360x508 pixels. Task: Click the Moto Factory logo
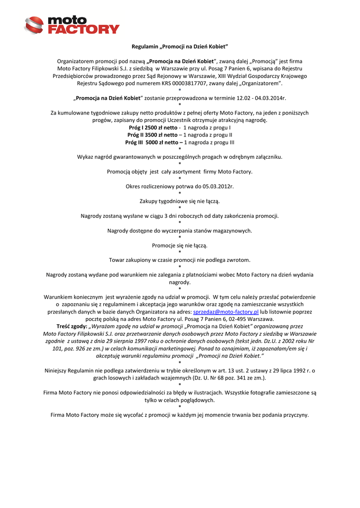click(x=72, y=25)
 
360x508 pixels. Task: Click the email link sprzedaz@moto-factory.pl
click(x=226, y=312)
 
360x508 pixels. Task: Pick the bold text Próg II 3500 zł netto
click(x=152, y=134)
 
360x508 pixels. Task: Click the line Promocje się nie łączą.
click(x=180, y=246)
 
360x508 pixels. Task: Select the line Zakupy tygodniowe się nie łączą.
click(x=180, y=201)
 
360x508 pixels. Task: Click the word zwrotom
click(x=238, y=260)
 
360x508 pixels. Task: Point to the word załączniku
click(x=267, y=157)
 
